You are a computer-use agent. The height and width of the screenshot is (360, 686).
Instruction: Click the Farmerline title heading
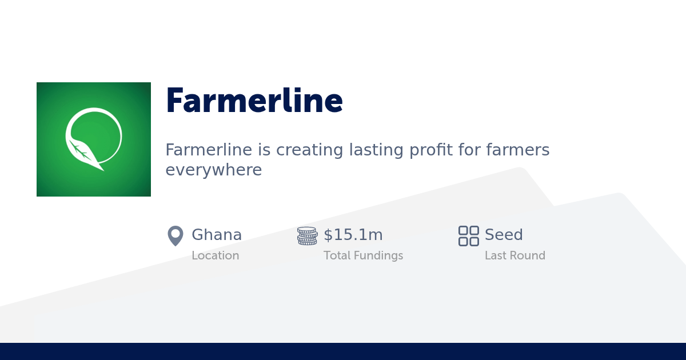click(254, 101)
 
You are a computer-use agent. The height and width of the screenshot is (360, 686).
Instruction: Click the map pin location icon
click(176, 235)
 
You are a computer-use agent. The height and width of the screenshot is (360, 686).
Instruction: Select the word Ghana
click(217, 235)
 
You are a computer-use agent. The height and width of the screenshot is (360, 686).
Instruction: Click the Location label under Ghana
click(215, 255)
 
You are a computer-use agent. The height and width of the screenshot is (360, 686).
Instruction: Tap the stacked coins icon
click(308, 235)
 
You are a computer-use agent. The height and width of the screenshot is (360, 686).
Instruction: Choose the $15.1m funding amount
click(353, 235)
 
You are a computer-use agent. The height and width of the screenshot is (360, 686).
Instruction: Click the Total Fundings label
click(363, 255)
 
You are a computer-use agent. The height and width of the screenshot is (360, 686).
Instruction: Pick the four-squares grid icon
click(468, 235)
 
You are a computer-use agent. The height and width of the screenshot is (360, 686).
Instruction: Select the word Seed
click(504, 235)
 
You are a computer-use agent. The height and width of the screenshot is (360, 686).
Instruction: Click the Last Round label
click(514, 255)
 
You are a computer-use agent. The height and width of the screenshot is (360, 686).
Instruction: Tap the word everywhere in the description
click(213, 170)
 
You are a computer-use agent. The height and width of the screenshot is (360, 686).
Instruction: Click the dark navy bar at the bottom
click(343, 351)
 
